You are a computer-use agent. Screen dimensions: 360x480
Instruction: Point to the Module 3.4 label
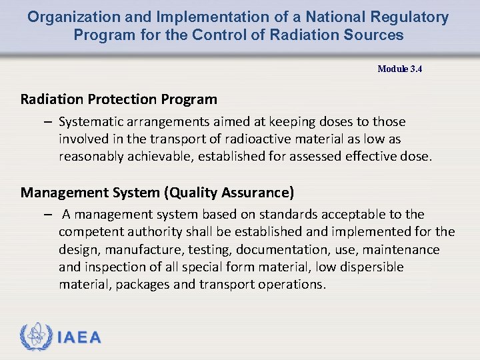[x=399, y=69]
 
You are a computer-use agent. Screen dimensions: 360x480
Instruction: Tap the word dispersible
[x=370, y=267]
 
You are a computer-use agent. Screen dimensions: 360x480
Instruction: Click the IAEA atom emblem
[x=35, y=337]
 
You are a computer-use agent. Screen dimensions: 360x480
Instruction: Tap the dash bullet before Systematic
[x=49, y=122]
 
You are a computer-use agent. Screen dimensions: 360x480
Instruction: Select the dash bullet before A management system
[x=49, y=215]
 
